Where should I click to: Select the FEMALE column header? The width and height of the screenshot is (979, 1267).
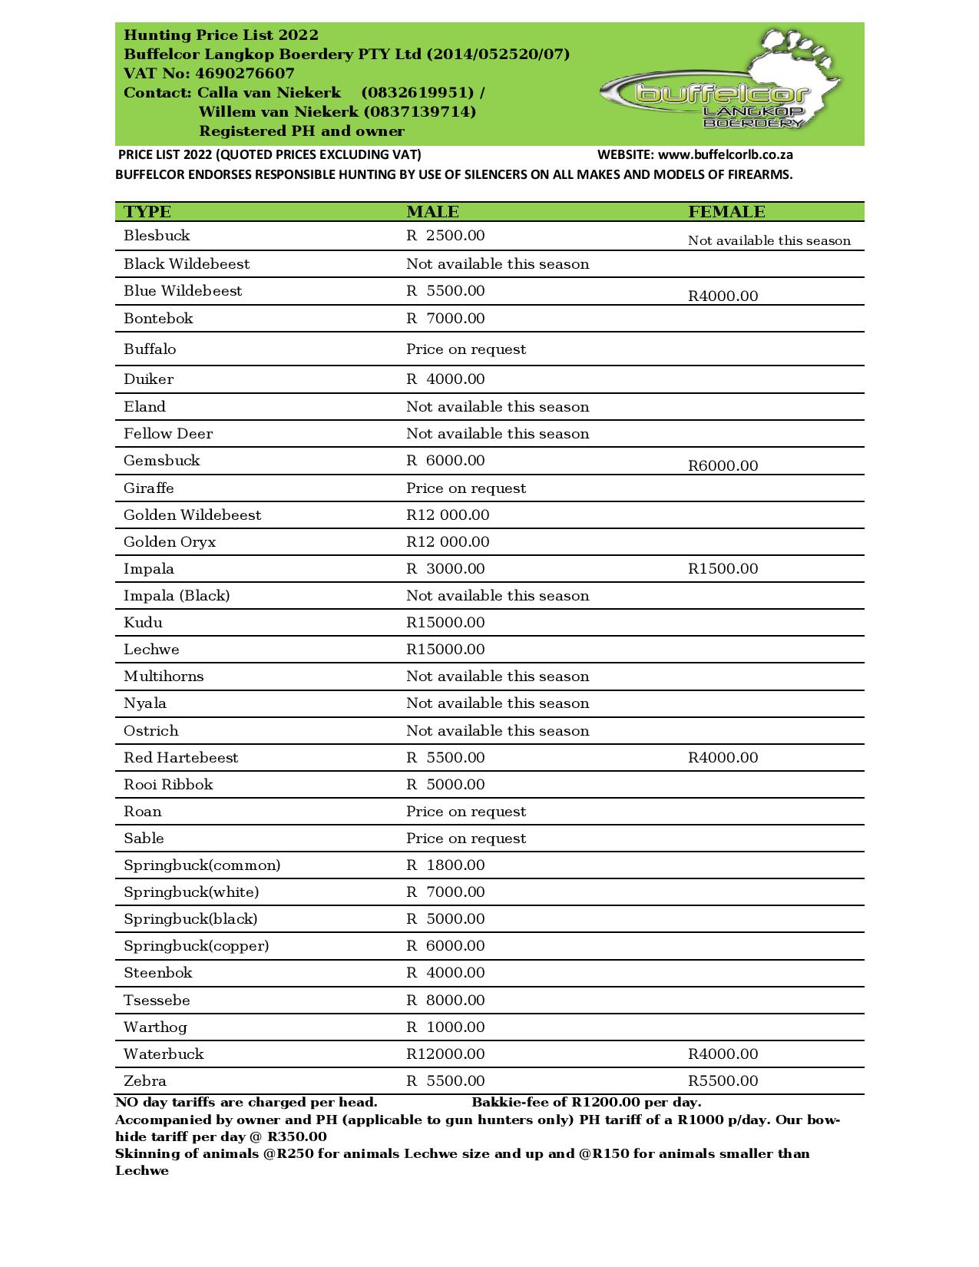click(x=726, y=212)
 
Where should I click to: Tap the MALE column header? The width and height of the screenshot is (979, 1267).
click(x=432, y=212)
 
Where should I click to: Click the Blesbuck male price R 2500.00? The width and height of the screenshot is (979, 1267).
click(x=445, y=236)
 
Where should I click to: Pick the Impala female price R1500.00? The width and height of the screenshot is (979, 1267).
click(x=723, y=569)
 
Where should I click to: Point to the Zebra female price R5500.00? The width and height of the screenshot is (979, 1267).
click(x=723, y=1081)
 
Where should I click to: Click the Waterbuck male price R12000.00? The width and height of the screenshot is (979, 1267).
click(x=445, y=1054)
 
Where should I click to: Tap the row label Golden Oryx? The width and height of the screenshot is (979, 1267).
click(x=170, y=542)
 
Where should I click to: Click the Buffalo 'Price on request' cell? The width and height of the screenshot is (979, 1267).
click(x=466, y=349)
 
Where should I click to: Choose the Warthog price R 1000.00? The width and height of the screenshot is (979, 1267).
click(x=445, y=1027)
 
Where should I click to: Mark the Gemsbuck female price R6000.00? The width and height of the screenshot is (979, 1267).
click(x=723, y=466)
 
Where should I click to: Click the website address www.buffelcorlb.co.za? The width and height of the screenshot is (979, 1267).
click(x=726, y=154)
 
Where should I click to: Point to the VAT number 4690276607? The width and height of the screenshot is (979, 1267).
click(x=244, y=74)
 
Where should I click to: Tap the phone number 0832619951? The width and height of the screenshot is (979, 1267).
click(x=418, y=93)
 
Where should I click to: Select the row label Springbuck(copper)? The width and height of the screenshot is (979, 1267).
click(x=196, y=946)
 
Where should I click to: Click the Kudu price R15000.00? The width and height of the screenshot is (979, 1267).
click(x=445, y=623)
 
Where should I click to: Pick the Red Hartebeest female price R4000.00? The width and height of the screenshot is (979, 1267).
click(x=723, y=758)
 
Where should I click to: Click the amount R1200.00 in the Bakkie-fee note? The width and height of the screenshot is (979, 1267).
click(x=606, y=1103)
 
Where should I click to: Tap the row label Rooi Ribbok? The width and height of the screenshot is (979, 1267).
click(x=168, y=785)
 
